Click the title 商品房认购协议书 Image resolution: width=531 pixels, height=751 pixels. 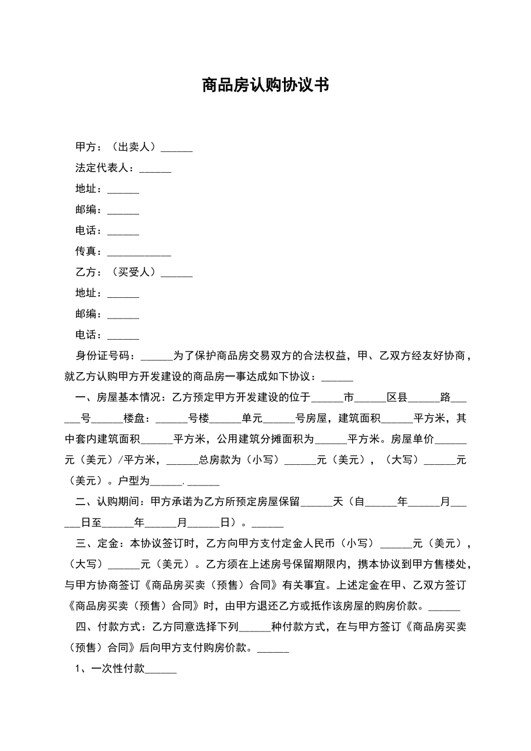click(265, 85)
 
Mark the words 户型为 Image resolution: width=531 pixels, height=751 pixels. click(134, 481)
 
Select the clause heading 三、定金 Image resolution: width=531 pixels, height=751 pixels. click(97, 544)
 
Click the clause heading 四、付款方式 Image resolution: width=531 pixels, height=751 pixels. click(107, 627)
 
